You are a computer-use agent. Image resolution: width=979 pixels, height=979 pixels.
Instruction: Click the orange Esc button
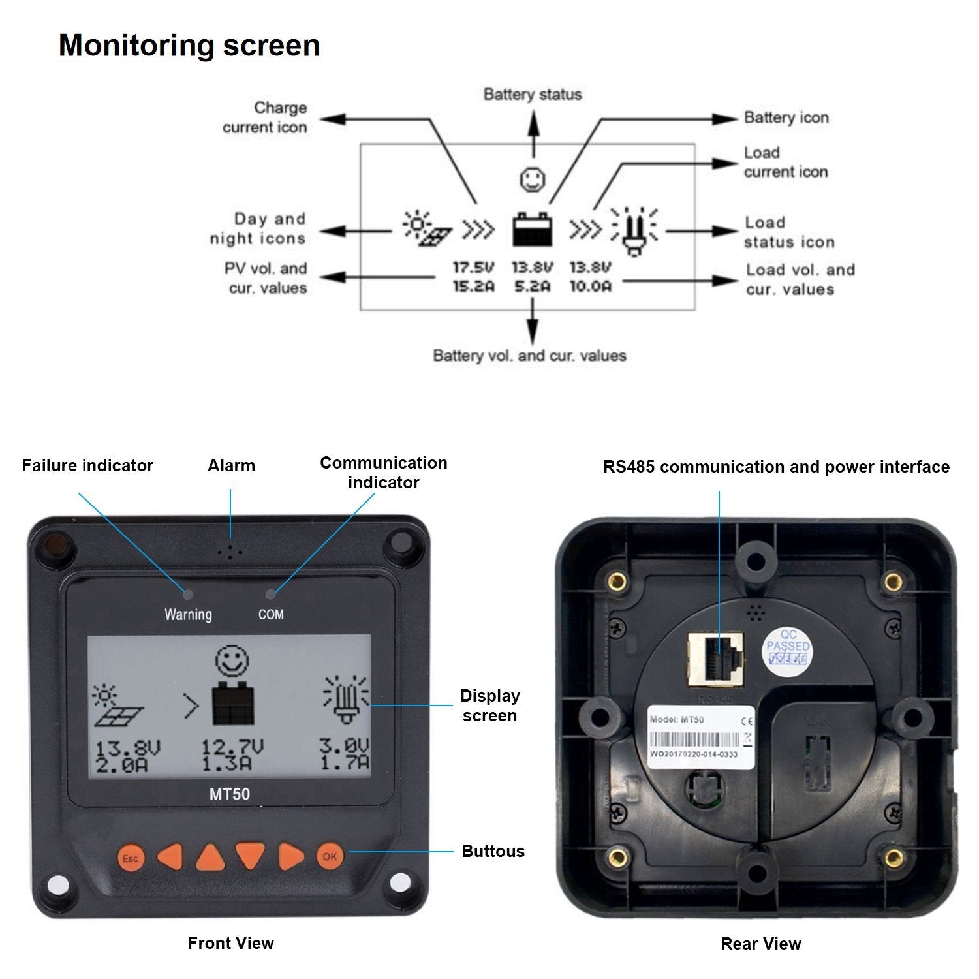pyautogui.click(x=131, y=858)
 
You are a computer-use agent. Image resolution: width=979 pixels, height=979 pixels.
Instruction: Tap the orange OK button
pyautogui.click(x=330, y=856)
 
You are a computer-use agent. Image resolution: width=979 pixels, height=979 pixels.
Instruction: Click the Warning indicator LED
pyautogui.click(x=188, y=594)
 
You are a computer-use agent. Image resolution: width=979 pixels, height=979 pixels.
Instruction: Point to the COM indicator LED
pyautogui.click(x=271, y=594)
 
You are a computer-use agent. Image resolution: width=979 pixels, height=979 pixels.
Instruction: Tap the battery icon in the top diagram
pyautogui.click(x=533, y=229)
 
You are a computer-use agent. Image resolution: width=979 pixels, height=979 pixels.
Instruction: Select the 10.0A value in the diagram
pyautogui.click(x=591, y=287)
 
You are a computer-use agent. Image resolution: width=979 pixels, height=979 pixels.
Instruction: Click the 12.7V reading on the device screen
pyautogui.click(x=232, y=747)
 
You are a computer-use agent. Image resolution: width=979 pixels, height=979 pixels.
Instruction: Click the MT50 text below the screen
pyautogui.click(x=230, y=794)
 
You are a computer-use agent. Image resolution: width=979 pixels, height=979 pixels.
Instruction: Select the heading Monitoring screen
pyautogui.click(x=189, y=46)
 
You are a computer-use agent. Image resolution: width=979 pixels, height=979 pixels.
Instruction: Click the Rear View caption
pyautogui.click(x=760, y=944)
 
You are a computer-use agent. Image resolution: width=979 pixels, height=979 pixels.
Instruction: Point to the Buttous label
pyautogui.click(x=493, y=851)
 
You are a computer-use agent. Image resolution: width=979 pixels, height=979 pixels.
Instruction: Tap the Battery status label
pyautogui.click(x=533, y=95)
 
